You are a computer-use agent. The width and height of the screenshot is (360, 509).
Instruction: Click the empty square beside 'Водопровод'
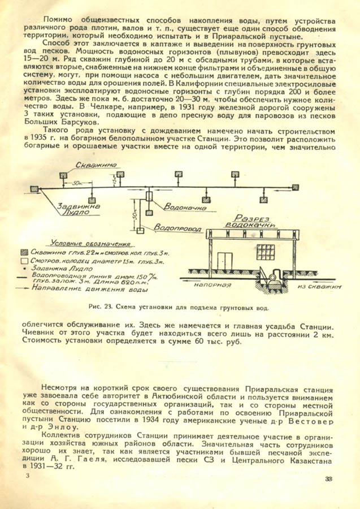[138, 230]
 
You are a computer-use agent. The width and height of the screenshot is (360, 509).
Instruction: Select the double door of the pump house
[225, 263]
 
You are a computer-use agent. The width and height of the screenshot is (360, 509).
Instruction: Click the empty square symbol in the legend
[24, 261]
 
